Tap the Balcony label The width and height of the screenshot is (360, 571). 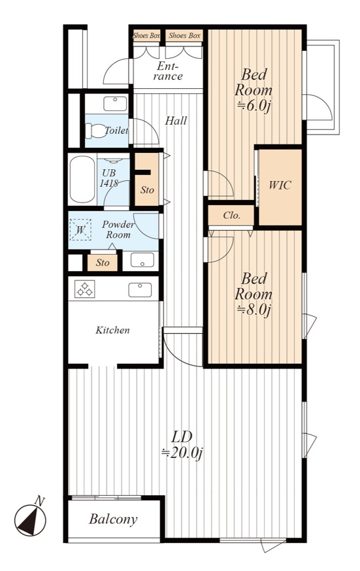point(113,519)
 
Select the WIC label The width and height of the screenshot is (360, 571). point(280,186)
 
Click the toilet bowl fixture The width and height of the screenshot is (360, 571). point(94,131)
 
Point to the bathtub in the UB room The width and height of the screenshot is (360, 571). point(82,179)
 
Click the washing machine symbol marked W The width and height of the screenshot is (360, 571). point(80,229)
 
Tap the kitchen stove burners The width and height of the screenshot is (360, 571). point(85,289)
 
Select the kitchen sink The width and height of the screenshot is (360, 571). point(140,290)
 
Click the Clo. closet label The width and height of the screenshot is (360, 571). point(232,215)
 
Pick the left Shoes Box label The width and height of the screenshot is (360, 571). point(146,36)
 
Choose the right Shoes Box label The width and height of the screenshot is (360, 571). point(184,36)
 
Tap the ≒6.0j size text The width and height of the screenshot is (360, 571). point(254,106)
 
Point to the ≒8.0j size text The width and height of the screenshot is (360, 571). point(254,310)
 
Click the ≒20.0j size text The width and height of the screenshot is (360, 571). point(182,453)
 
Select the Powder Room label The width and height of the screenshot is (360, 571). point(118,229)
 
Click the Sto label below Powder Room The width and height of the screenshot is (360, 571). point(103,263)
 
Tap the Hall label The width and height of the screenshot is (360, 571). point(176,120)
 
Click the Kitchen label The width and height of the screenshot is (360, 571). point(112,331)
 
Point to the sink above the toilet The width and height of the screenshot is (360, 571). point(116,103)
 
